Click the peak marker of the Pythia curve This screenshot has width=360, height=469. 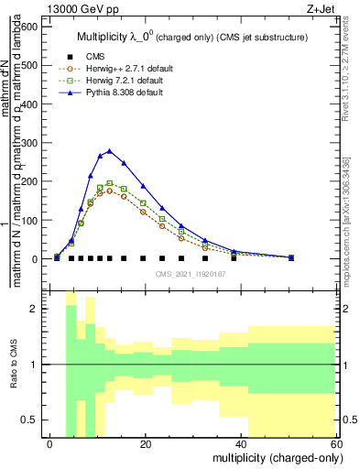click(110, 151)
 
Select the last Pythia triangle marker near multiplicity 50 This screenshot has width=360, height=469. click(291, 257)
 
